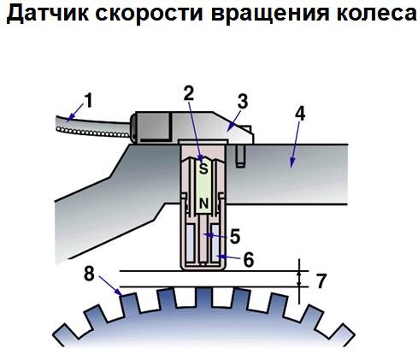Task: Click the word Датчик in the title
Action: point(47,14)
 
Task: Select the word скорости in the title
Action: point(149,15)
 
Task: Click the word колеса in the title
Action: point(376,14)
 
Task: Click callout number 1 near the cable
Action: point(89,101)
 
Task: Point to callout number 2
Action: point(189,92)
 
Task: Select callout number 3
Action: point(243,102)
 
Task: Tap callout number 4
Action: point(300,114)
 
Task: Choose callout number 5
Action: point(235,237)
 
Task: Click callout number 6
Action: point(249,260)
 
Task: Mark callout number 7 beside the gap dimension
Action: point(321,281)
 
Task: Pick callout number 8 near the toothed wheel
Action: point(89,274)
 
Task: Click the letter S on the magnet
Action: point(203,168)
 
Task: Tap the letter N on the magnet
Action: point(203,204)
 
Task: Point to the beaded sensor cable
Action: point(92,127)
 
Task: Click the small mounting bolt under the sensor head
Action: point(241,156)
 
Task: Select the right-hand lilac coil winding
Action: point(215,243)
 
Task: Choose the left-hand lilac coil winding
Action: point(190,243)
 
